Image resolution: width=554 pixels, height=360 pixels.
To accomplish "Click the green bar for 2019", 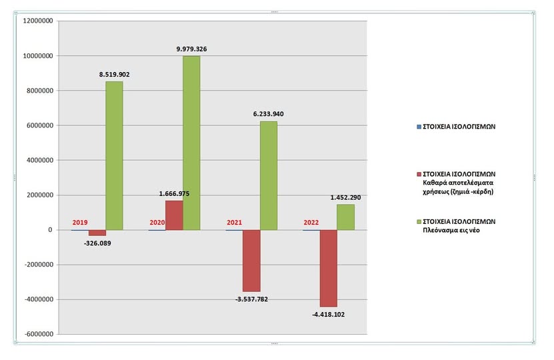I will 114,156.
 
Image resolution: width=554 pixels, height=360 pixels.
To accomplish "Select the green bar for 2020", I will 191,143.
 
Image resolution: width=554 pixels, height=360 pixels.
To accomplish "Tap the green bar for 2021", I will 269,176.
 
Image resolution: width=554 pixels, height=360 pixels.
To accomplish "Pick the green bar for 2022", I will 345,217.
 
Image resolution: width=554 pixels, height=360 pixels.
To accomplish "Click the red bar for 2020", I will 174,215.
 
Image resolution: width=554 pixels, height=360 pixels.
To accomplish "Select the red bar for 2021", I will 251,261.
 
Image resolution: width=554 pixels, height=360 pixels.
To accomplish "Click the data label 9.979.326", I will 191,49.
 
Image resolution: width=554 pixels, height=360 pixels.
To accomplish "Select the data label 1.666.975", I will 173,193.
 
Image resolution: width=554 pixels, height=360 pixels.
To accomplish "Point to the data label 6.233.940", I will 270,114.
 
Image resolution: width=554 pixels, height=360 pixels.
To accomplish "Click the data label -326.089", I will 97,244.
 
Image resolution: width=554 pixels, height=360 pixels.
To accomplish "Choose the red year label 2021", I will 234,223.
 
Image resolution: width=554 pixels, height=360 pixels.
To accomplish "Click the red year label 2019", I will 79,223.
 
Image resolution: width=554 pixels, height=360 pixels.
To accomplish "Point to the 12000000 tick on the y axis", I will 38,21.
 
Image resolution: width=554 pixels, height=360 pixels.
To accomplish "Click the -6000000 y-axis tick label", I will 38,334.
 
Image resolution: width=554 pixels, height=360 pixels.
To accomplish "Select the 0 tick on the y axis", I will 51,230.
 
